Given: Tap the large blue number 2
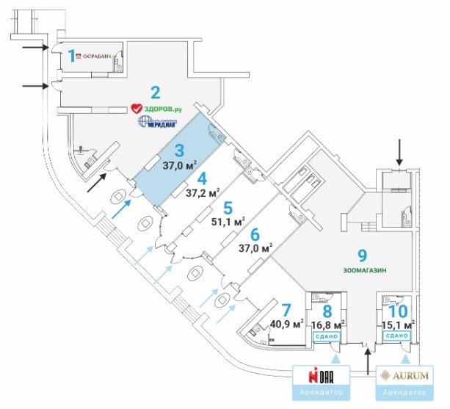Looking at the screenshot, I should [x=155, y=93].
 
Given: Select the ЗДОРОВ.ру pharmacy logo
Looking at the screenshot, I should [x=155, y=109].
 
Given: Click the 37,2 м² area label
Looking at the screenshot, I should [x=203, y=193].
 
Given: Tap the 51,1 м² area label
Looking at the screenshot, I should [x=228, y=220].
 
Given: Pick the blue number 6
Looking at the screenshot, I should [x=255, y=235].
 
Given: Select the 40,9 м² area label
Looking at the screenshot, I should [x=287, y=323].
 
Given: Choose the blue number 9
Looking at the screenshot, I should [x=362, y=255].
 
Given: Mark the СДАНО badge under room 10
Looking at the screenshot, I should [x=396, y=336].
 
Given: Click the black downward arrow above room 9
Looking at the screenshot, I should [x=399, y=152].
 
